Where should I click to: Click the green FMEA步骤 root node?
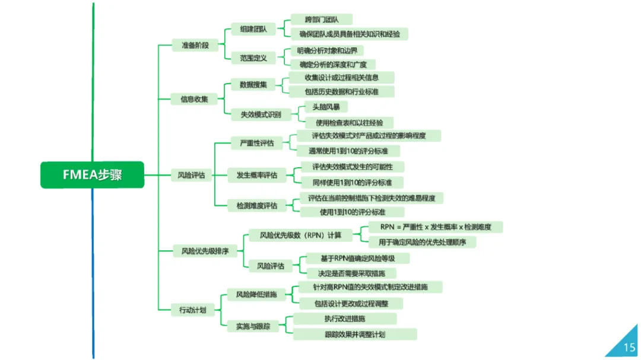(x=92, y=174)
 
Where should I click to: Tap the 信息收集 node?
(x=194, y=99)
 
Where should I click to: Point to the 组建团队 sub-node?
(x=253, y=28)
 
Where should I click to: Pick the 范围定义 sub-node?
(x=253, y=58)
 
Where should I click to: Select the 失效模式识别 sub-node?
(x=261, y=113)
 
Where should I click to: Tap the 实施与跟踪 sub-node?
(x=253, y=326)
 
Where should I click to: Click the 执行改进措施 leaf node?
(x=345, y=319)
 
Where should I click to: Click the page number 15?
(x=629, y=347)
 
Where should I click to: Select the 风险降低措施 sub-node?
(x=256, y=294)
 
